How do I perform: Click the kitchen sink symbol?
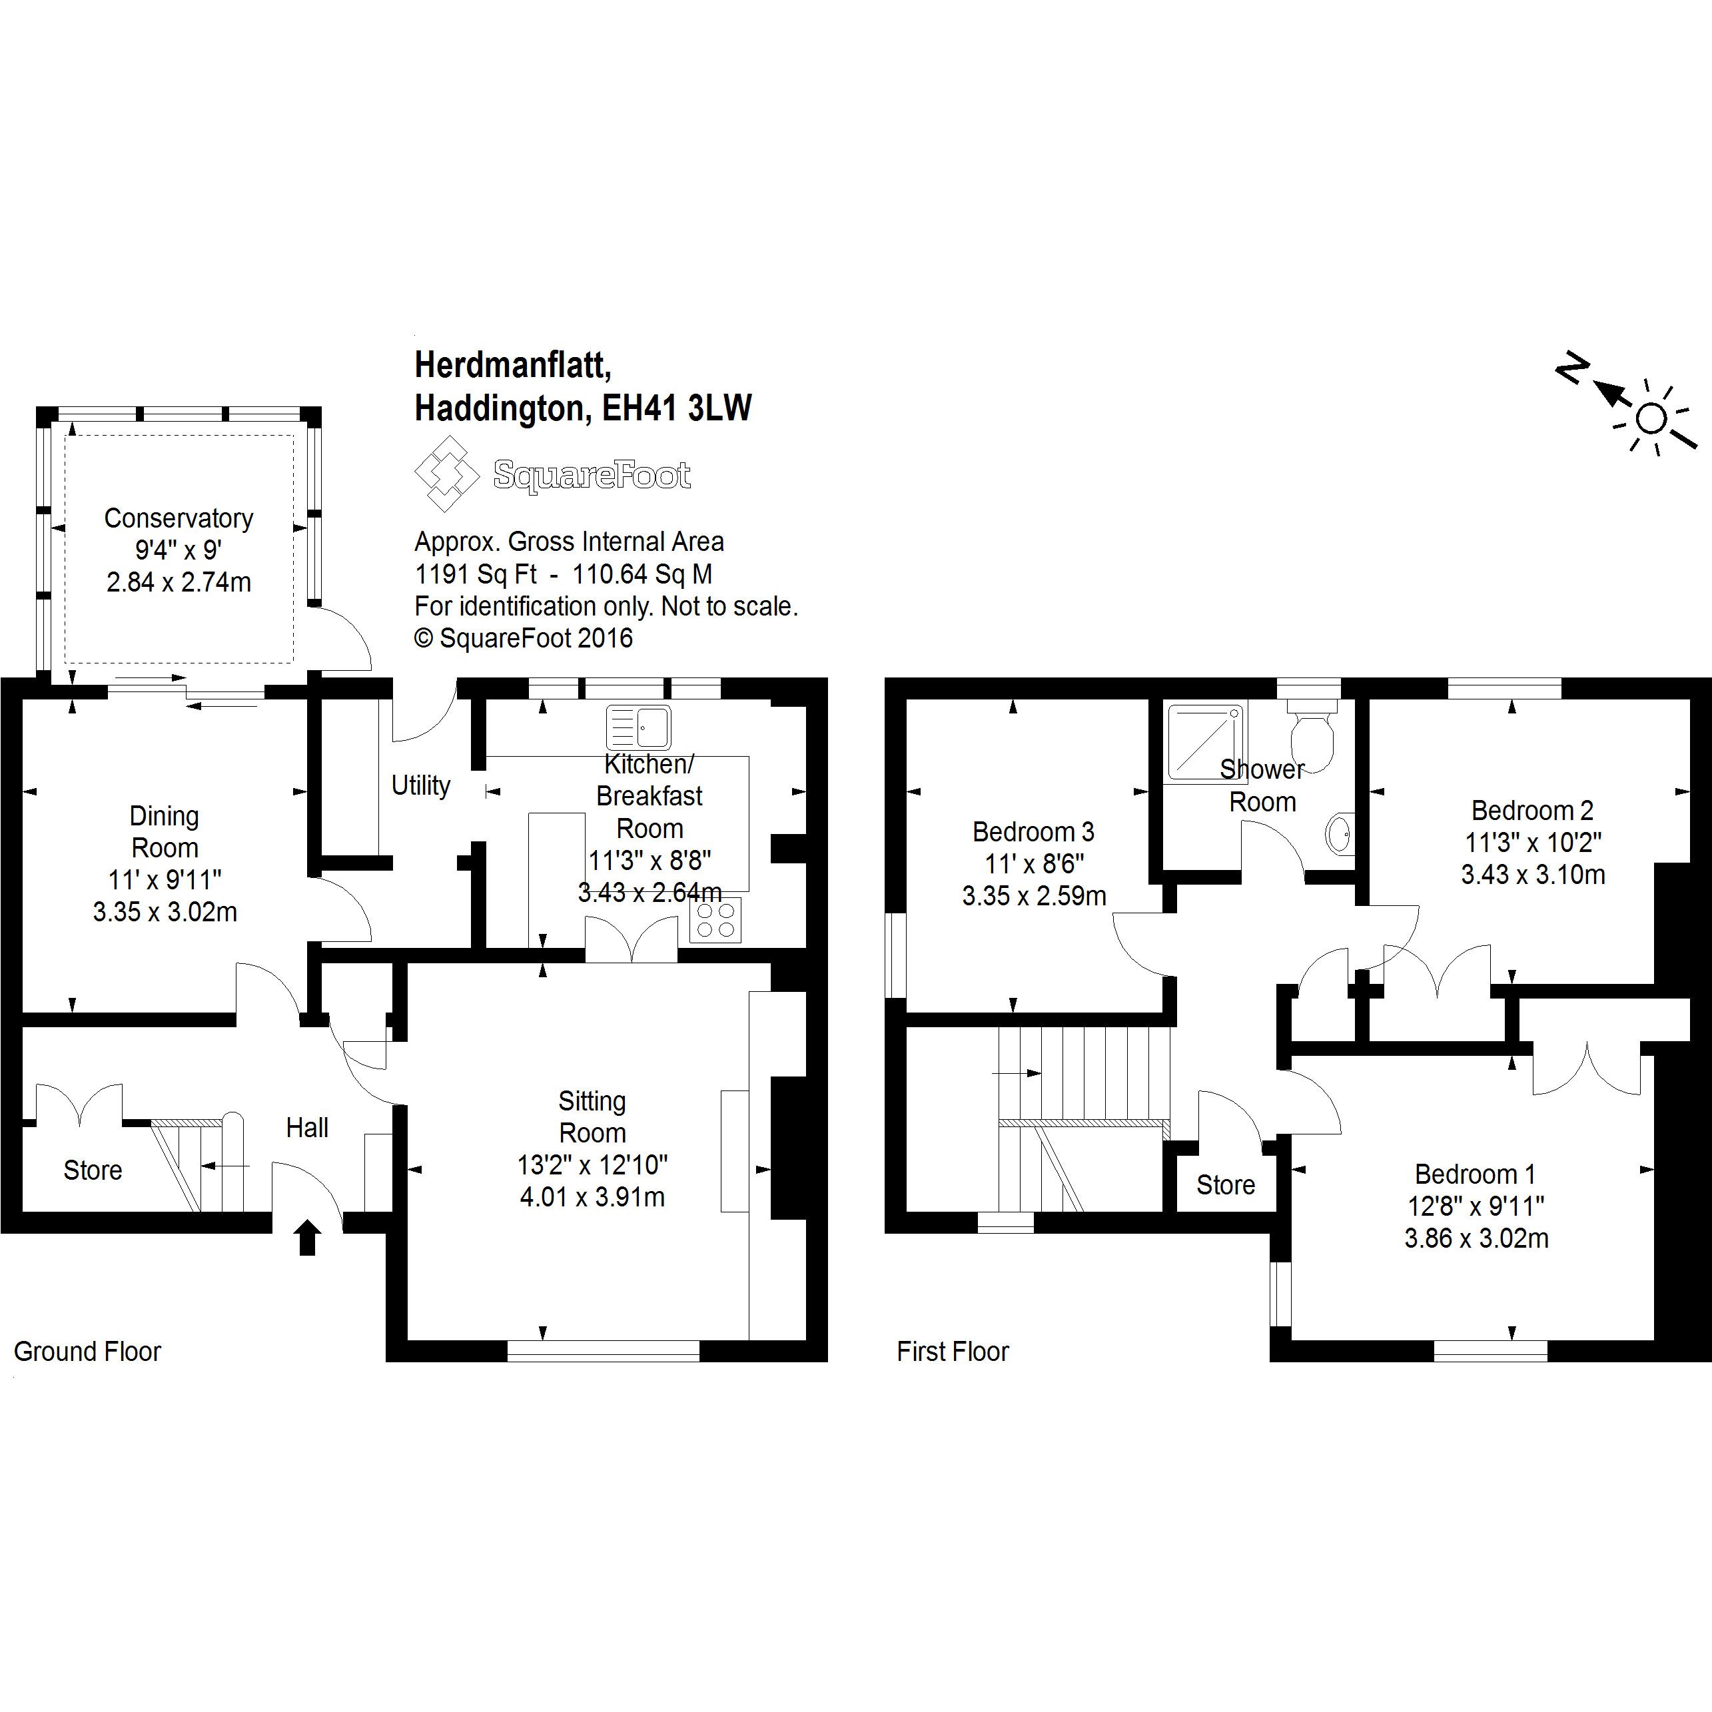tap(638, 727)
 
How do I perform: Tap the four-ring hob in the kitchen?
tap(715, 920)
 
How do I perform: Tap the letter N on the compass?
tap(1571, 368)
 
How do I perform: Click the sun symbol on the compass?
tap(1651, 418)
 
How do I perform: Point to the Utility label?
tap(420, 785)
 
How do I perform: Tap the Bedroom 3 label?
tap(1033, 832)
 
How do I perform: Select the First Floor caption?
tap(953, 1352)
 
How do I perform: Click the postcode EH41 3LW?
tap(677, 408)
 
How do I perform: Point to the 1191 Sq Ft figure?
tap(476, 574)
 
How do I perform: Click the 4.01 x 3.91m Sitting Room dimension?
tap(592, 1197)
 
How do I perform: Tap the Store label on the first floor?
tap(1226, 1185)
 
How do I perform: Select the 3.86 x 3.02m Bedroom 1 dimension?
tap(1476, 1238)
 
